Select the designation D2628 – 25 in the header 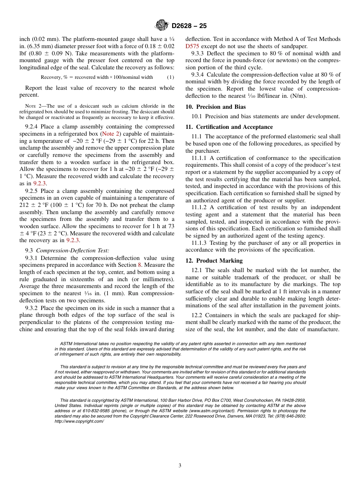(x=189, y=26)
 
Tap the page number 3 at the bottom (x=180, y=465)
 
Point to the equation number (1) (x=171, y=77)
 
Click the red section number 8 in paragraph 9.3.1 (x=139, y=265)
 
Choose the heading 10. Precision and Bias (x=216, y=107)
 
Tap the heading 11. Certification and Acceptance (x=229, y=127)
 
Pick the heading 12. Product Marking (x=214, y=261)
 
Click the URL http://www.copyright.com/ (x=79, y=421)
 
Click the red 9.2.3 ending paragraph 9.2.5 (x=73, y=240)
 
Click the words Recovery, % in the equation (x=53, y=77)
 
